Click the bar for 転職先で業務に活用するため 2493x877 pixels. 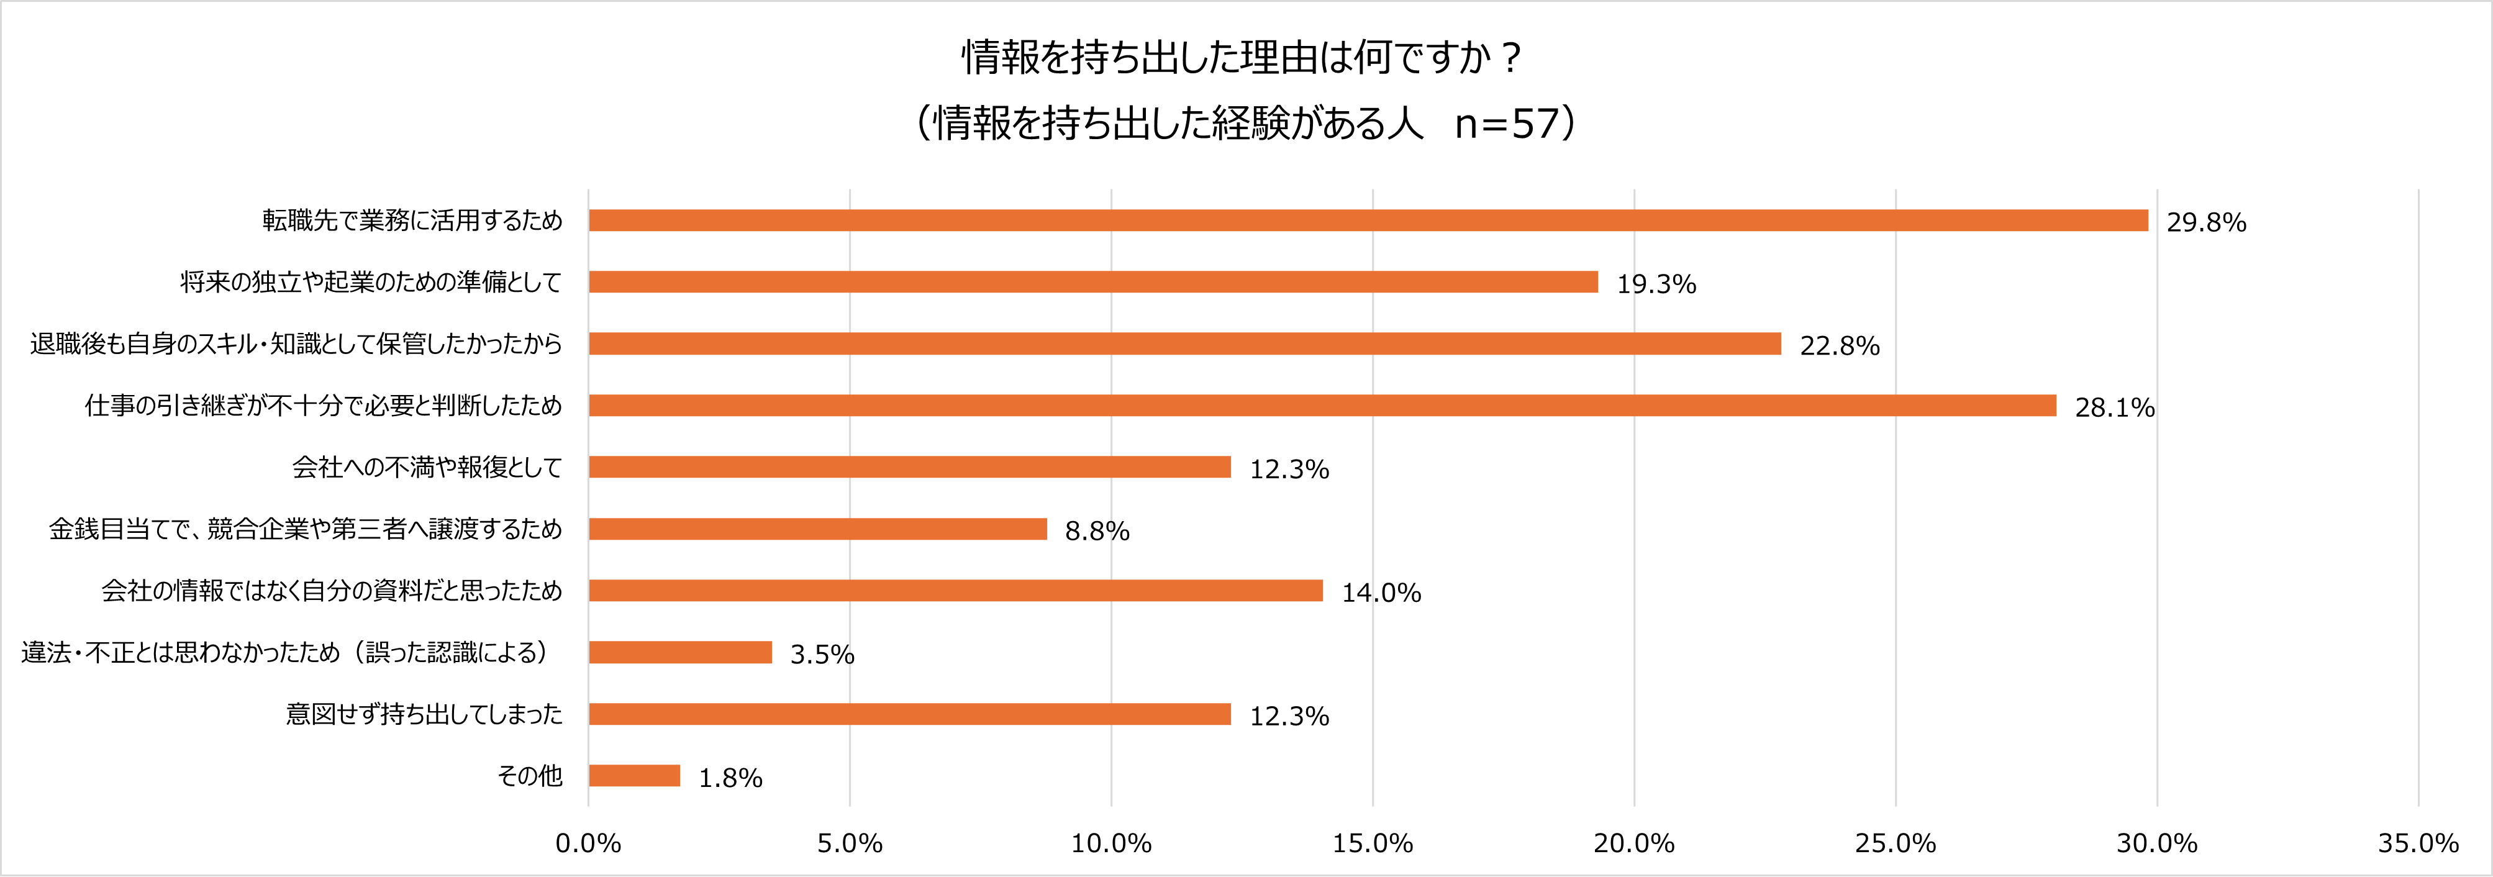(1368, 220)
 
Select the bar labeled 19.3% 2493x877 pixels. (1092, 282)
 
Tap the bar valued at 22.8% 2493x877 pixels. (1184, 343)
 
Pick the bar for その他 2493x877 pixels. (634, 775)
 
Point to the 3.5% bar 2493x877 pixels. (679, 652)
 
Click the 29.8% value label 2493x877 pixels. (2205, 222)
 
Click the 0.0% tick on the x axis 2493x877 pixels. (588, 843)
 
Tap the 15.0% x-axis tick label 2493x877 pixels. (1373, 843)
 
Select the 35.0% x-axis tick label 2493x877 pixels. (2417, 843)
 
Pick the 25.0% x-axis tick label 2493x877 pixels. (1895, 843)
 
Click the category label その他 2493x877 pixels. (529, 775)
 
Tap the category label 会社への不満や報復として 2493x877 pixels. (427, 468)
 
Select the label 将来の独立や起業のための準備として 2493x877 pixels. (371, 282)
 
